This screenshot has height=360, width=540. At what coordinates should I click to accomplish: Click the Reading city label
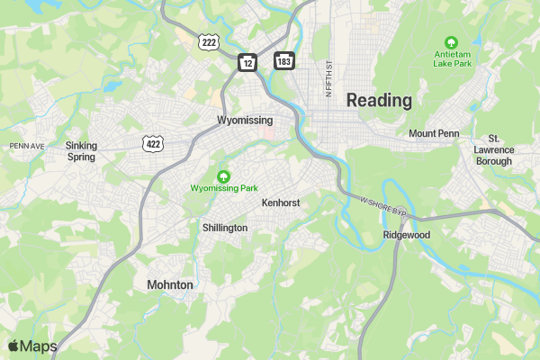[379, 100]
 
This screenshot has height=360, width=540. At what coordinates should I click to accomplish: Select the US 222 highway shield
[209, 42]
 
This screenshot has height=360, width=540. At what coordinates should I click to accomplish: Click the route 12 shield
[247, 61]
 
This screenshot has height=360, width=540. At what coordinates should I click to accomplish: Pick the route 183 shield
[283, 60]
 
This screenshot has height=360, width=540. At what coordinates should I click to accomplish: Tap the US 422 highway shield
[152, 143]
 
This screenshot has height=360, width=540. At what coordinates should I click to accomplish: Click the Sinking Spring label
[81, 150]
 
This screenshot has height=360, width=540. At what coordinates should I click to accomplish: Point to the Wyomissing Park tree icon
[224, 175]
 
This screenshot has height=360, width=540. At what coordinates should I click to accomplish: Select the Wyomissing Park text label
[224, 188]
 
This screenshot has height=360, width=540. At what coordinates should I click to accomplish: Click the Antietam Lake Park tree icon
[452, 41]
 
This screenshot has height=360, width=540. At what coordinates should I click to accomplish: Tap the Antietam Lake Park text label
[452, 58]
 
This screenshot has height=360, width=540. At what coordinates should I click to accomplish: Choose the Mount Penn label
[434, 134]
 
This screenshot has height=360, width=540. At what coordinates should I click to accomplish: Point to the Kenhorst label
[281, 203]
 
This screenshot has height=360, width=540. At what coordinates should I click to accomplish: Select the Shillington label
[225, 228]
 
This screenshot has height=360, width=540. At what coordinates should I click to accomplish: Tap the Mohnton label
[170, 284]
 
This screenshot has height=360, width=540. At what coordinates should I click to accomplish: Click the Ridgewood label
[407, 235]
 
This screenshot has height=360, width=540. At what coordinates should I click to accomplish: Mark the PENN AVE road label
[27, 146]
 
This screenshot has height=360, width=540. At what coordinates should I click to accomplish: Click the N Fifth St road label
[329, 79]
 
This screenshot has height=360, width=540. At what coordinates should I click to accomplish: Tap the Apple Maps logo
[32, 346]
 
